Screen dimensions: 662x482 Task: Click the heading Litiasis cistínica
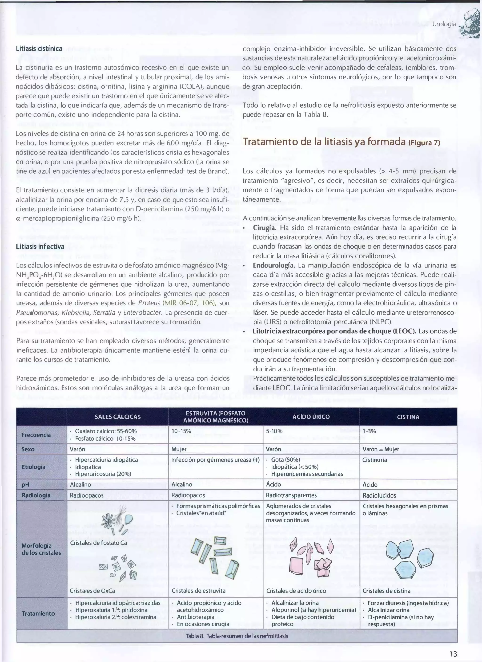39,49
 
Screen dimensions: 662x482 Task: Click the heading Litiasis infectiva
40,247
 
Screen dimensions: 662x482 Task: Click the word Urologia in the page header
444,24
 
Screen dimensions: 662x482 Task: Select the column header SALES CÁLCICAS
118,417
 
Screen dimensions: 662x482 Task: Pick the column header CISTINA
408,417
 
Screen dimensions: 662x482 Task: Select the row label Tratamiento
38,613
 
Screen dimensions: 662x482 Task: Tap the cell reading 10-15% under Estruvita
181,431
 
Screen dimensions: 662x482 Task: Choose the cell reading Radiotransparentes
291,495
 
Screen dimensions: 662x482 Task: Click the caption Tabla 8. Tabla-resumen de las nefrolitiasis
237,636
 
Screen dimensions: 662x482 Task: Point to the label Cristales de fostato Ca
99,543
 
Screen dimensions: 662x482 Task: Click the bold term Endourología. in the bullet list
274,265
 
